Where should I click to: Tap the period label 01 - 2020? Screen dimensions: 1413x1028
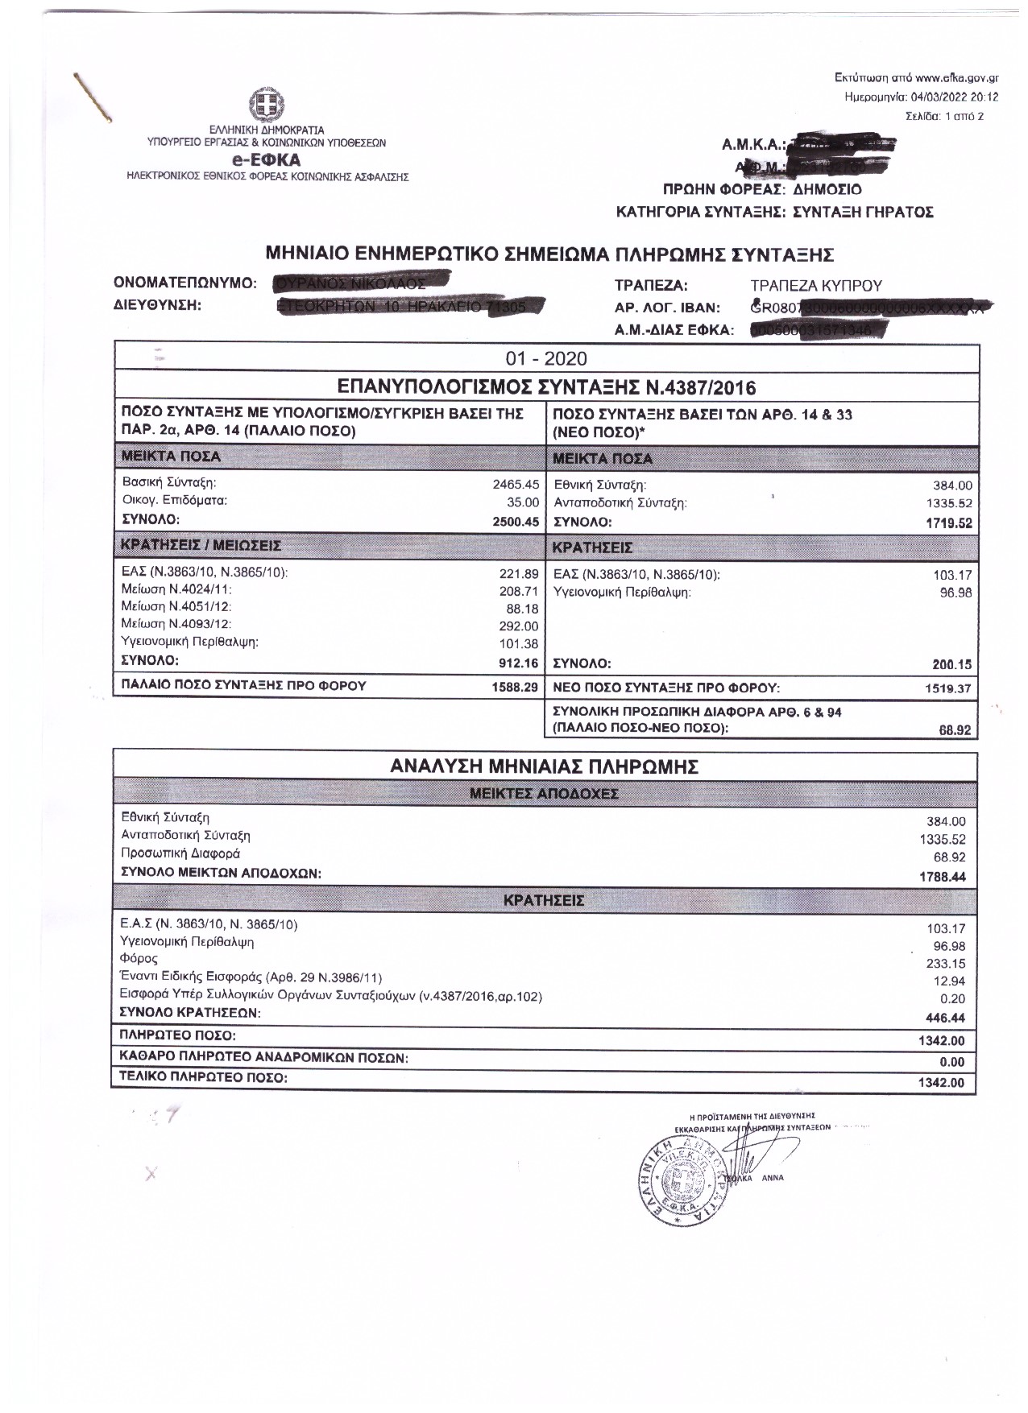click(546, 358)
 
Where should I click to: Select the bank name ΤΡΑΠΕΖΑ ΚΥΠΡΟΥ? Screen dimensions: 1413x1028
click(815, 286)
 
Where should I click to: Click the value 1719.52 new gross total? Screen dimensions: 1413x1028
click(950, 523)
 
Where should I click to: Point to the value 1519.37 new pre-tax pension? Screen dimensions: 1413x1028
click(950, 688)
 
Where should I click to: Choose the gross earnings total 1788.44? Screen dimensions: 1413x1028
click(943, 877)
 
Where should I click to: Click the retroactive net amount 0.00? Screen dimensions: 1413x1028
click(951, 1062)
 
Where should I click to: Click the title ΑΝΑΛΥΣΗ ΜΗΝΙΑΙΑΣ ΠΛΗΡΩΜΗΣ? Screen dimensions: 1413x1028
click(545, 766)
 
